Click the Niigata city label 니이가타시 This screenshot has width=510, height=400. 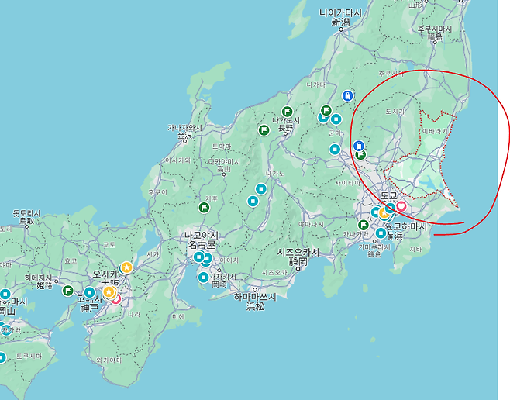[340, 12]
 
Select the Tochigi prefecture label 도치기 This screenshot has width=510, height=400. [395, 112]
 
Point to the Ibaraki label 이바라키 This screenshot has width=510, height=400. [435, 132]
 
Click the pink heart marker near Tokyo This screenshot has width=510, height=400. [401, 207]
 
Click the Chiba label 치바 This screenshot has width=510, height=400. [415, 250]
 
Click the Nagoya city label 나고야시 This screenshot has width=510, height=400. [202, 235]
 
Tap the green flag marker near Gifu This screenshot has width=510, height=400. [204, 208]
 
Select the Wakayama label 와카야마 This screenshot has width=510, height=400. [109, 360]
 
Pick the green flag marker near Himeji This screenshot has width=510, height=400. [68, 291]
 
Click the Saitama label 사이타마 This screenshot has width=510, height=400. [348, 183]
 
